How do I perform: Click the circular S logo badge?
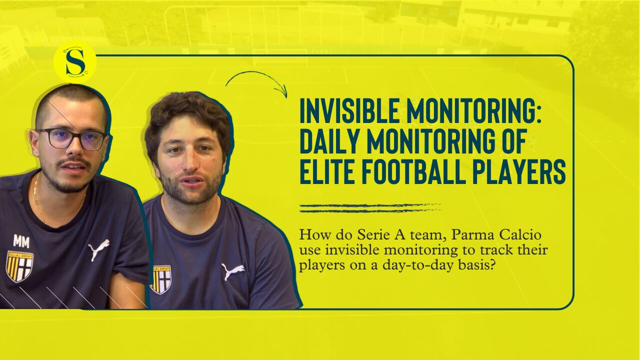click(x=75, y=62)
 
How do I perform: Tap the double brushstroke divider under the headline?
click(x=370, y=208)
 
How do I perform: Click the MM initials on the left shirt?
click(x=21, y=242)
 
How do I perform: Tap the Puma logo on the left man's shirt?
click(x=98, y=249)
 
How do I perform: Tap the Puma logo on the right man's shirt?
click(x=233, y=271)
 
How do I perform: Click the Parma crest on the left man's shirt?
click(x=19, y=266)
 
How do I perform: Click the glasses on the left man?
click(x=71, y=139)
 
